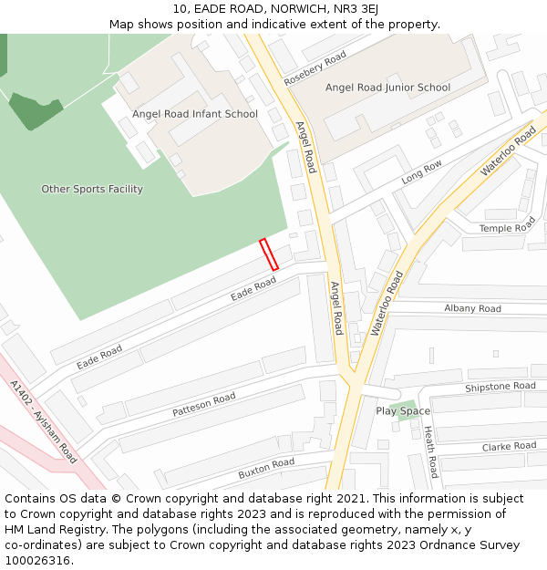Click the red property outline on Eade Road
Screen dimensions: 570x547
pos(269,254)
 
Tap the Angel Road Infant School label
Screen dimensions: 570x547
pos(194,114)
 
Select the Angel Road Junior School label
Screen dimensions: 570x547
pos(387,88)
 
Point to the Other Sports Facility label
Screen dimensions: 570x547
pos(92,189)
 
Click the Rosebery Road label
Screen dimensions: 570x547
pos(315,68)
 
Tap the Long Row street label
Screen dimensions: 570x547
pos(421,171)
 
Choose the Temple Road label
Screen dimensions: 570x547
pos(508,228)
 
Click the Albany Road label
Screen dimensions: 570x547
pos(472,309)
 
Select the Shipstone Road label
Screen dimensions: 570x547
pos(500,387)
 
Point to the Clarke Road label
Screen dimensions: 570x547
pos(509,447)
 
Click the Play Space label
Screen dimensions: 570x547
pos(403,411)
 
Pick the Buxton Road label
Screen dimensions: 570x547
pos(266,469)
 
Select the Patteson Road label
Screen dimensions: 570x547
pos(204,405)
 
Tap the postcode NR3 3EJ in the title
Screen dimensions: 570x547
pos(356,9)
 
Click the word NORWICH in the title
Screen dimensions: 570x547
pos(299,9)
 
